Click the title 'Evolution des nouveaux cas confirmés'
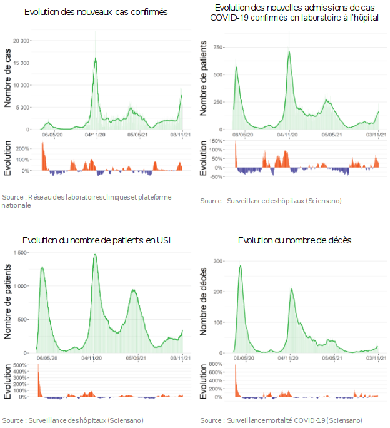click(96, 12)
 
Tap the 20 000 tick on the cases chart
click(21, 40)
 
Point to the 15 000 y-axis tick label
click(21, 63)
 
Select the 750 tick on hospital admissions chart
click(218, 47)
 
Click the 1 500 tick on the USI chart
click(21, 252)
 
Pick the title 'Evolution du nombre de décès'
click(295, 240)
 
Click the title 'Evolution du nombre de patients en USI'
click(96, 240)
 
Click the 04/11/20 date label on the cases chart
click(96, 133)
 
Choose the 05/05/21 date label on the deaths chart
click(331, 359)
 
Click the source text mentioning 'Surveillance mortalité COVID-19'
click(281, 420)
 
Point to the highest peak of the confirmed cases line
click(96, 58)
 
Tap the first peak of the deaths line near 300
click(241, 265)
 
